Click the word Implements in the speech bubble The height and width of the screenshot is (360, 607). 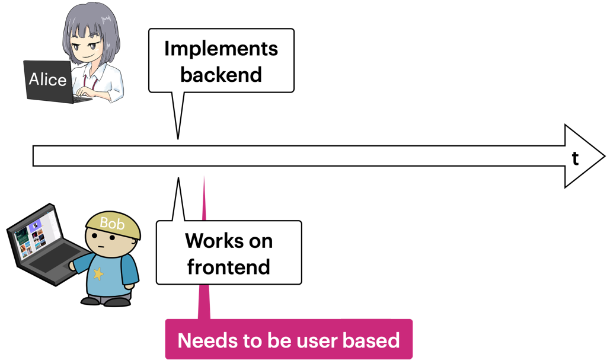point(221,50)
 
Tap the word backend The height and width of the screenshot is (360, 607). point(221,74)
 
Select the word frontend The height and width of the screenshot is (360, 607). point(228,267)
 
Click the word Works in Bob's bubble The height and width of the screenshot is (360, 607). point(209,241)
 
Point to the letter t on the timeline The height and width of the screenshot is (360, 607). point(575,159)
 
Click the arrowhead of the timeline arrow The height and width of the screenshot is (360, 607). point(583,156)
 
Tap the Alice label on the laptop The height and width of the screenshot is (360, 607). point(47,79)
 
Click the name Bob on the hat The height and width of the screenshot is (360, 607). point(112,223)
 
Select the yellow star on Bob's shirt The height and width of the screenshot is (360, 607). point(98,273)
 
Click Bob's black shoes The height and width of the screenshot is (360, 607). point(106,301)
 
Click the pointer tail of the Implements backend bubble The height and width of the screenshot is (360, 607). point(178,115)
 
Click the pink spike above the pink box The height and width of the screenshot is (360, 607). point(204,248)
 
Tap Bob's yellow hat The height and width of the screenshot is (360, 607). point(113,225)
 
